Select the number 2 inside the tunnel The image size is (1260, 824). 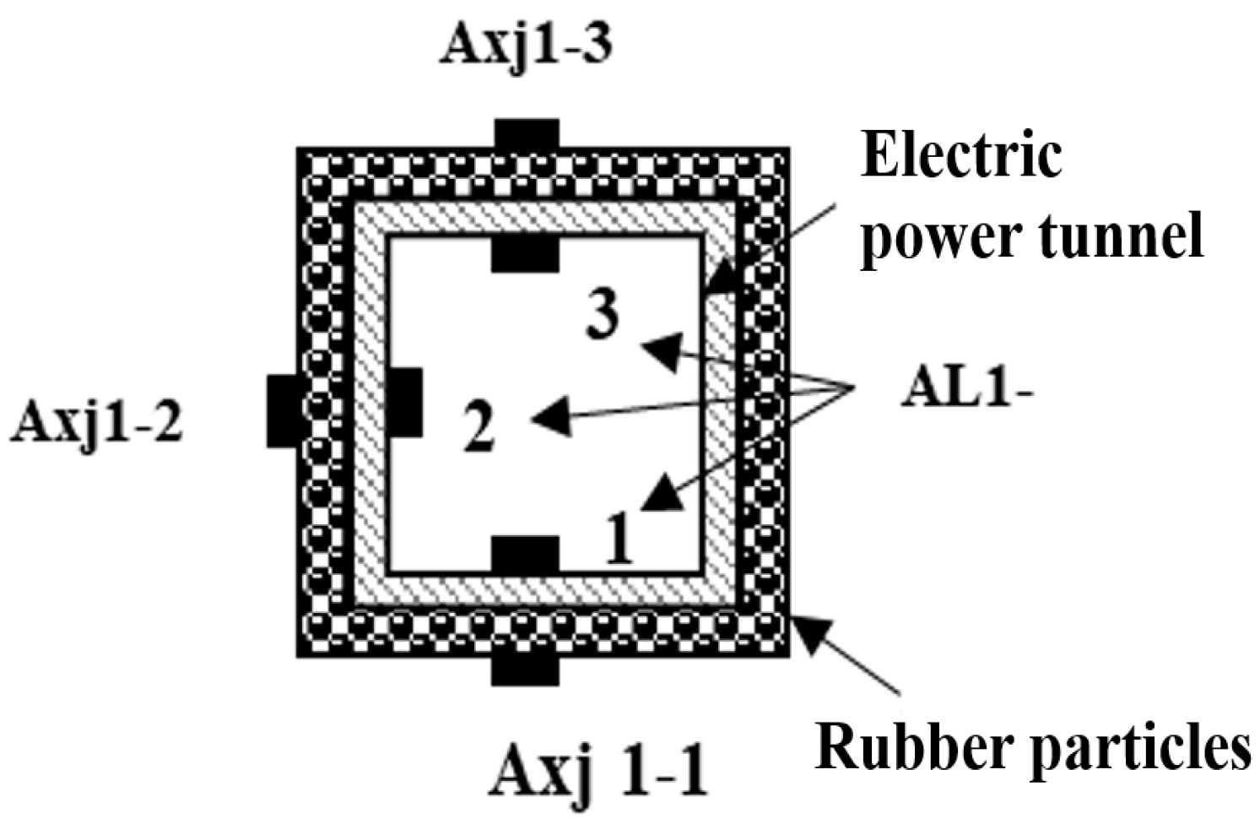[x=479, y=427]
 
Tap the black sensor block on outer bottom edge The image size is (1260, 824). [x=525, y=669]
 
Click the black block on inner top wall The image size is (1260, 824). [x=525, y=255]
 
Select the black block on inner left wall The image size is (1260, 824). [x=407, y=403]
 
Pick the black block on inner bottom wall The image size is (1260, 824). [x=525, y=554]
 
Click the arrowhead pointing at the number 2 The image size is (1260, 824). [x=550, y=417]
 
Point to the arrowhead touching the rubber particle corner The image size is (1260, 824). [x=810, y=633]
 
